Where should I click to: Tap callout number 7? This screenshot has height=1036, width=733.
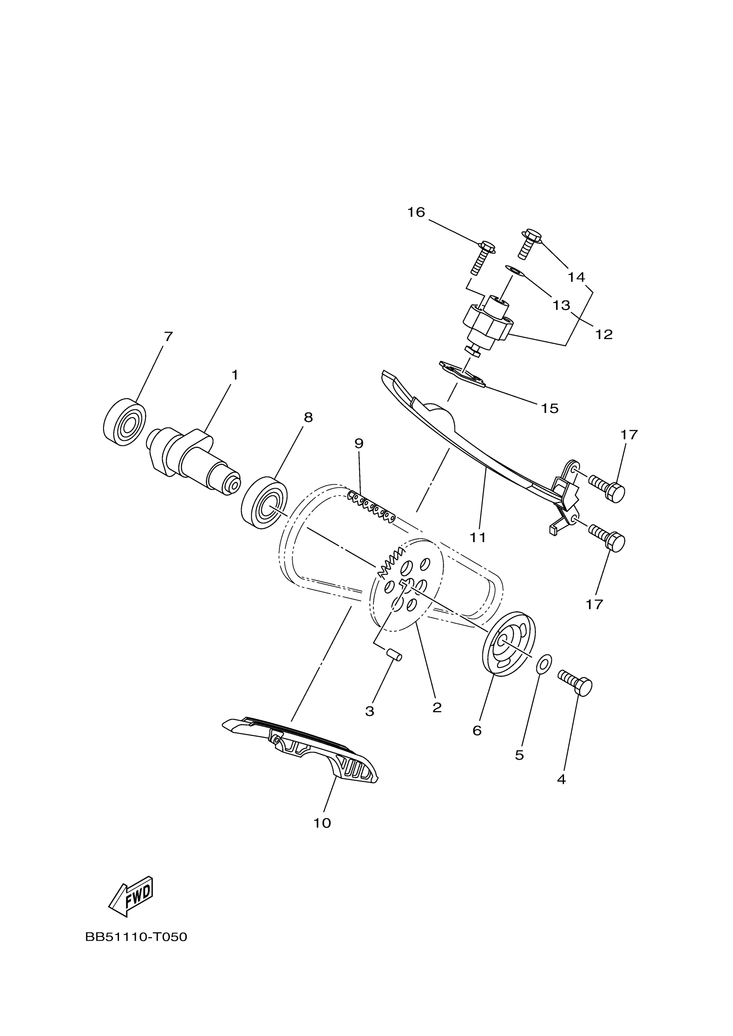pyautogui.click(x=168, y=337)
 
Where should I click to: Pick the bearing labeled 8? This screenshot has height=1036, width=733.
pyautogui.click(x=264, y=502)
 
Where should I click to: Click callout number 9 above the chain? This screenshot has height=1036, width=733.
pyautogui.click(x=359, y=443)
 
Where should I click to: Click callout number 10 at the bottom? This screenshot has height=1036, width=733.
pyautogui.click(x=322, y=823)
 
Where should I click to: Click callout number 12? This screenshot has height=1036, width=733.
pyautogui.click(x=604, y=334)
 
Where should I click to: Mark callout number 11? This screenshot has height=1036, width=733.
pyautogui.click(x=478, y=537)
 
